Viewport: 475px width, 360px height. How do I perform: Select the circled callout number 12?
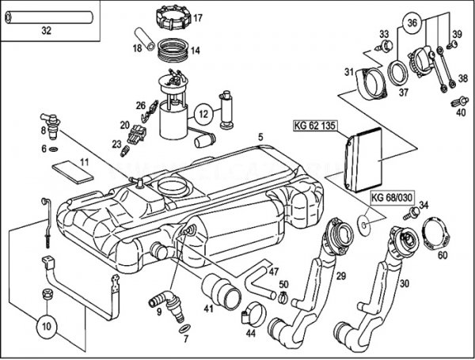pos(203,114)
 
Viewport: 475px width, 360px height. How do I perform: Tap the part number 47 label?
pos(274,271)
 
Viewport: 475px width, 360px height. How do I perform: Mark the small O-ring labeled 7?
pos(184,328)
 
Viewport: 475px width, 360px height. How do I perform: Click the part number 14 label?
pos(196,51)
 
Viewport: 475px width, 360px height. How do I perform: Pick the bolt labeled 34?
pos(411,213)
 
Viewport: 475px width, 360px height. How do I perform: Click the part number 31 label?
pos(348,74)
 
